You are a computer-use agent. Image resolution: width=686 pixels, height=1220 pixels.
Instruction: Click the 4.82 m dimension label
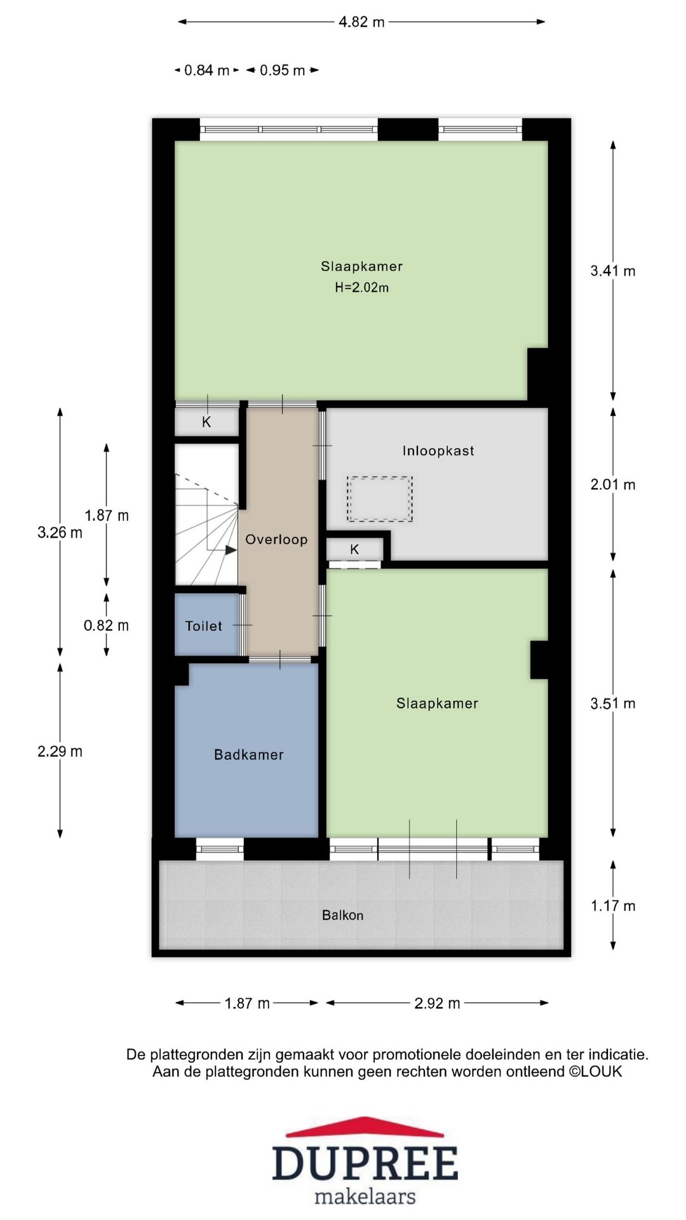point(361,22)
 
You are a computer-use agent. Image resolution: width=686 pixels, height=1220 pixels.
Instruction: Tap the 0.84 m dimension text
point(206,71)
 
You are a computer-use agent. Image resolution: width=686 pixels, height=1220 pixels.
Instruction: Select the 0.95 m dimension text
point(282,71)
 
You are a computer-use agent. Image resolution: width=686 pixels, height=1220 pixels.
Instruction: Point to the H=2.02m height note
point(361,288)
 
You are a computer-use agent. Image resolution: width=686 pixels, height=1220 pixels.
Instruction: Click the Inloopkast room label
point(438,451)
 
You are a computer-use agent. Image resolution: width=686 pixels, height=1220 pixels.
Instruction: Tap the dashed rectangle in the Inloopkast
point(379,499)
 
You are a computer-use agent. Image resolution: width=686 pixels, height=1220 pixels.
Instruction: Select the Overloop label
point(276,539)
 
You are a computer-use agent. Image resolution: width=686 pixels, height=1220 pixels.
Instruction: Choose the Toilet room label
point(203,626)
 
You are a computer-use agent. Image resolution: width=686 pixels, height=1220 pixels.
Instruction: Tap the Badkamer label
point(248,755)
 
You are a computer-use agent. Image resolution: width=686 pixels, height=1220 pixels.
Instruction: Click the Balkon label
point(342,916)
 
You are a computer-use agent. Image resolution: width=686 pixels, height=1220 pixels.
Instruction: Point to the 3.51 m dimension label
point(612,703)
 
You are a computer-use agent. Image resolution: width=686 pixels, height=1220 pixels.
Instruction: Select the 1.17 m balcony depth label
point(612,906)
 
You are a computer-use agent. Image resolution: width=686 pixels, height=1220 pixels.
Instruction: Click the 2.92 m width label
point(437,1003)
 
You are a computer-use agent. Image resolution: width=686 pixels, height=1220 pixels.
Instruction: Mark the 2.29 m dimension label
point(60,752)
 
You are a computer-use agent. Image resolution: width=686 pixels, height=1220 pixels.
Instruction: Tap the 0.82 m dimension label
point(106,626)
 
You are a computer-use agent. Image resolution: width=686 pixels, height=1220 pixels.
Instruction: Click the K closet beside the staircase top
point(206,423)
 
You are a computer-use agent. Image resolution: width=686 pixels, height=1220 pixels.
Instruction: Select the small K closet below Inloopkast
point(354,550)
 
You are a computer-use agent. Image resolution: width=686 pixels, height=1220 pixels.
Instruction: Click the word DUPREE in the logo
point(365,1163)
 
